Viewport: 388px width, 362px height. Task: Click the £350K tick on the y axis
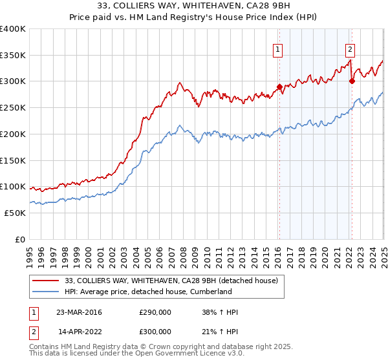13,56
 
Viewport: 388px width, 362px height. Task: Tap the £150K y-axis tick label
13,160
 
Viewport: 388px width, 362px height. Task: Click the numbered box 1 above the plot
278,48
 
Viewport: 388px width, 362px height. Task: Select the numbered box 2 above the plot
350,48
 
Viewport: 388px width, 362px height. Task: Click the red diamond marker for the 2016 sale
279,87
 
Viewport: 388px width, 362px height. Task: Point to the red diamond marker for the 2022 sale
352,81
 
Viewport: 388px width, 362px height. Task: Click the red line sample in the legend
46,281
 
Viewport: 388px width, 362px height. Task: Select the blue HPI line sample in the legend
46,292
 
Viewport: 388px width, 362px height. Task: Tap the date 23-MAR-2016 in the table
79,312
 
